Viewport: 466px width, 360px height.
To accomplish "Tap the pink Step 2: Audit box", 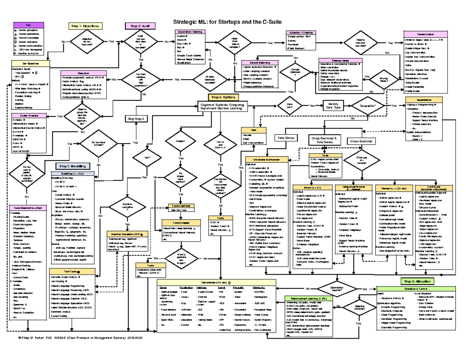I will (x=138, y=26).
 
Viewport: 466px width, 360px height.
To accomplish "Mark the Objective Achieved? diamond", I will (x=359, y=308).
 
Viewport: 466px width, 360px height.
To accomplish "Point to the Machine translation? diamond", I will (x=127, y=207).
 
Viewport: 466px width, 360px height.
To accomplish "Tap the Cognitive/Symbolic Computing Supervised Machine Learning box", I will (x=222, y=106).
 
